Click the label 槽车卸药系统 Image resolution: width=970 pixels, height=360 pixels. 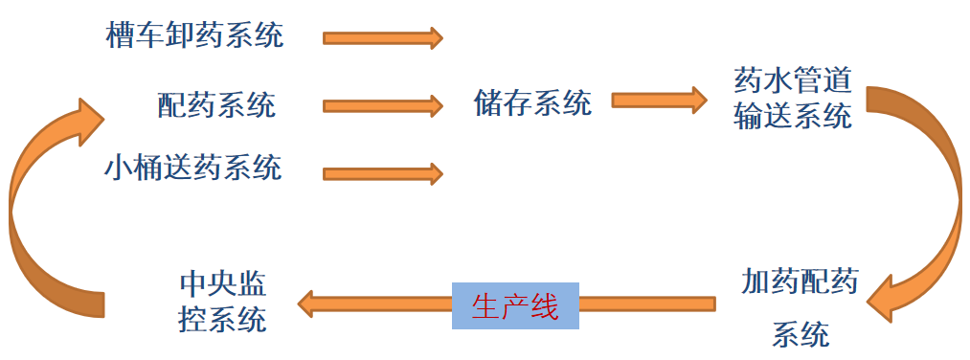[x=194, y=36]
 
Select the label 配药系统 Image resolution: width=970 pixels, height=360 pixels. [x=216, y=103]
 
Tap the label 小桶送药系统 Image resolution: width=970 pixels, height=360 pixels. [x=194, y=168]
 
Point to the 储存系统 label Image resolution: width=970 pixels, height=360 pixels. [x=531, y=102]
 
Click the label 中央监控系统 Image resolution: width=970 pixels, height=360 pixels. [x=222, y=302]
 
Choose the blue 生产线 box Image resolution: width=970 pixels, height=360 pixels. [x=515, y=305]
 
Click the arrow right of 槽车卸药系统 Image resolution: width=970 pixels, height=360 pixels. [x=382, y=37]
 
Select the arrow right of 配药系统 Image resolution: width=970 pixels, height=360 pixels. [x=382, y=104]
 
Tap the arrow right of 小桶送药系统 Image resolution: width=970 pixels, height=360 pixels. [x=382, y=173]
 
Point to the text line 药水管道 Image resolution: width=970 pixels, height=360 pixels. [x=792, y=80]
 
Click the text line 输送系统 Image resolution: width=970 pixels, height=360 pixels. [x=792, y=117]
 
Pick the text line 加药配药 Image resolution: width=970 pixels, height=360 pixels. [x=800, y=283]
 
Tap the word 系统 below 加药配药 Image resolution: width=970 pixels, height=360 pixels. [x=800, y=334]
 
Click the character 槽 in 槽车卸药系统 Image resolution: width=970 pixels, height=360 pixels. [x=120, y=36]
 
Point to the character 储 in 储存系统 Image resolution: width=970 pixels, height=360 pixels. [x=487, y=102]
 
